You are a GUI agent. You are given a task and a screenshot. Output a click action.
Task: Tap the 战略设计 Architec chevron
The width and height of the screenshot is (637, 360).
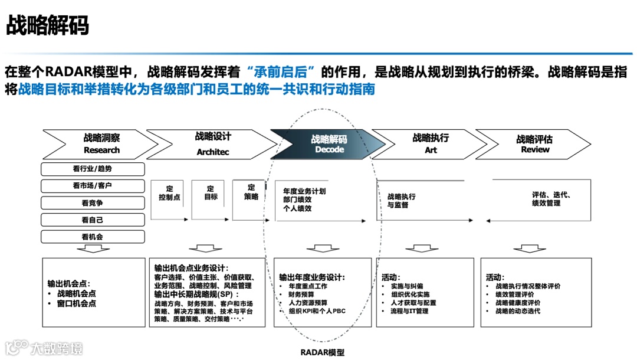[x=212, y=143]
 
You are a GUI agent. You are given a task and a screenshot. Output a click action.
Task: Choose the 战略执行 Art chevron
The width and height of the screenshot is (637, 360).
[x=431, y=143]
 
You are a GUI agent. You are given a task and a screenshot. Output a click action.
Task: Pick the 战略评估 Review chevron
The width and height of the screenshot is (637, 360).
[x=534, y=144]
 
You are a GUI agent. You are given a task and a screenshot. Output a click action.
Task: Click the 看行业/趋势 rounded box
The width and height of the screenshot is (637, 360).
[x=93, y=169]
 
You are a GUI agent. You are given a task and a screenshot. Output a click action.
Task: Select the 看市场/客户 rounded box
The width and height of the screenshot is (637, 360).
[x=93, y=186]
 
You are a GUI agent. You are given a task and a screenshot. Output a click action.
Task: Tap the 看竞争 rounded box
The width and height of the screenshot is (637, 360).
[x=93, y=202]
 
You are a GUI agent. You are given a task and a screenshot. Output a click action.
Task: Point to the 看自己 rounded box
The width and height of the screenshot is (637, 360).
[x=93, y=220]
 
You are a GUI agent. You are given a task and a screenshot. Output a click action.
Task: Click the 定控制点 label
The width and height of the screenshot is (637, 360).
[x=170, y=193]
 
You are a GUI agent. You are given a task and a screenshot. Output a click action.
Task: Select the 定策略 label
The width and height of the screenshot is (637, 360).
[x=251, y=192]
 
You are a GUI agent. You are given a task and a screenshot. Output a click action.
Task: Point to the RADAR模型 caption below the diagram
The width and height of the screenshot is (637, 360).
[x=322, y=352]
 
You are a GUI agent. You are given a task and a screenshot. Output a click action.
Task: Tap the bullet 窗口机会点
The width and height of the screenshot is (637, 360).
[x=76, y=303]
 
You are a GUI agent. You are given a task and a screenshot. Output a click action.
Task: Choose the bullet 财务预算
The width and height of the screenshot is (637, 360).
[x=301, y=294]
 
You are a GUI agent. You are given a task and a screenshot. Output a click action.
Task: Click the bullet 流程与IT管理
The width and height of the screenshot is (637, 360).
[x=409, y=311]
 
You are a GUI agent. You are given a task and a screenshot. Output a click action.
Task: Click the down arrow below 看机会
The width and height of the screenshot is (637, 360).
[x=93, y=249]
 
